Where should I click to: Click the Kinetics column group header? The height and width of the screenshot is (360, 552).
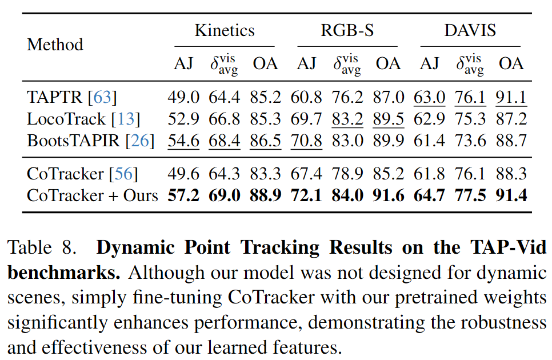225,30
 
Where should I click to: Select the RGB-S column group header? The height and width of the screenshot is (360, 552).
347,30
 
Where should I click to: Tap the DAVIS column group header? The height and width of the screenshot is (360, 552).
470,30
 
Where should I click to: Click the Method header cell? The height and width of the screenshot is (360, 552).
55,45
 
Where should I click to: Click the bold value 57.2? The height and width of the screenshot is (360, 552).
183,195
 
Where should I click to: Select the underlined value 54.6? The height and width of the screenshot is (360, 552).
183,141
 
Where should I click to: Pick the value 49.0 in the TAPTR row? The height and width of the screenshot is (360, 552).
183,97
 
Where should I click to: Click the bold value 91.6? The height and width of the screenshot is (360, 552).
389,195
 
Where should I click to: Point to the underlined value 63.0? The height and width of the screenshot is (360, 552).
430,97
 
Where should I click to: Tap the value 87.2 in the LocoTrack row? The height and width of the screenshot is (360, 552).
511,119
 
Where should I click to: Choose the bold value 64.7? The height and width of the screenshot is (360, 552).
430,195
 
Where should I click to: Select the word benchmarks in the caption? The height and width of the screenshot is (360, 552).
62,273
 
